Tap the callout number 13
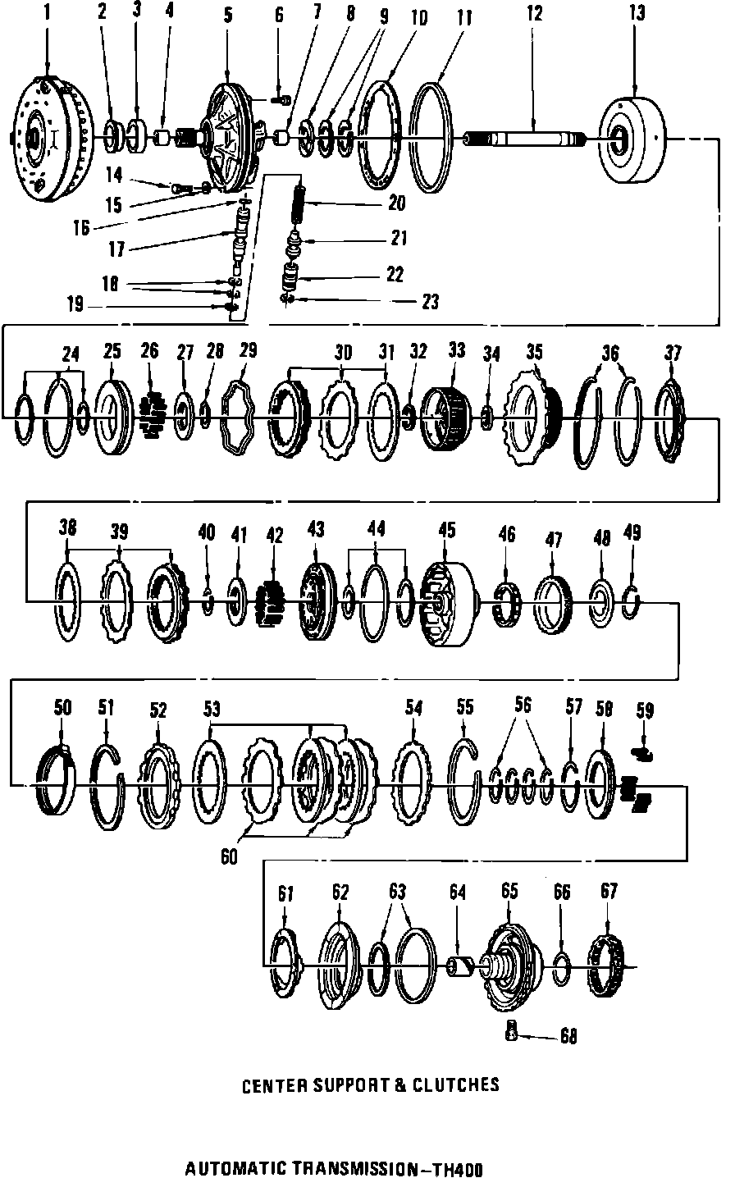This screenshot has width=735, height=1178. click(637, 13)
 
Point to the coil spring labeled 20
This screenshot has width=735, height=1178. click(301, 201)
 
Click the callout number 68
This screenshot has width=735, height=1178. click(568, 1036)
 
